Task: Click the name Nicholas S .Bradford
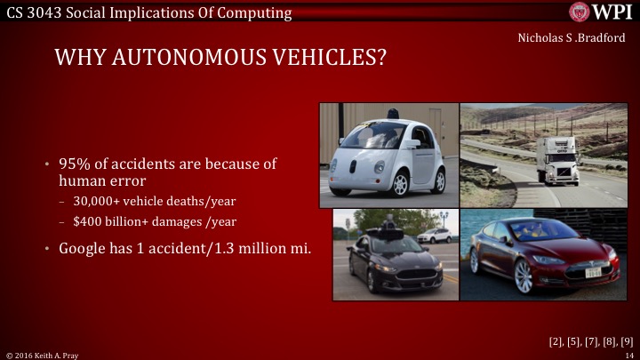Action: click(565, 38)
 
